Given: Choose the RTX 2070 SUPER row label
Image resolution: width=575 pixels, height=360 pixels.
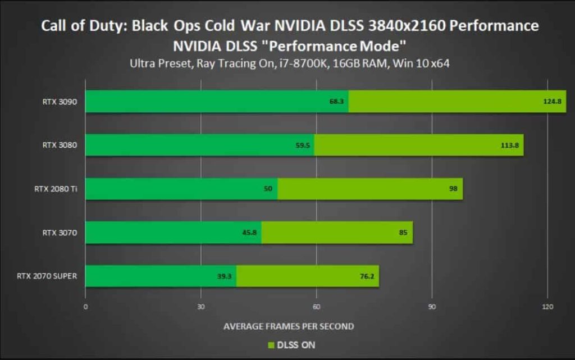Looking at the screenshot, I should click(50, 276).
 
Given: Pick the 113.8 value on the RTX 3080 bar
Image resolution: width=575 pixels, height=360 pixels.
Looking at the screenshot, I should click(510, 145).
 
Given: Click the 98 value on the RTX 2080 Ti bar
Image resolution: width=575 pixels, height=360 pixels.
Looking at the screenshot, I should click(453, 189).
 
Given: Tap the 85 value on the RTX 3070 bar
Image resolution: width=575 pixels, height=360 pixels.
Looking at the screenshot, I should click(403, 232).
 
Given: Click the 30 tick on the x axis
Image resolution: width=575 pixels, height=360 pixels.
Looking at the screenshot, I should click(200, 307).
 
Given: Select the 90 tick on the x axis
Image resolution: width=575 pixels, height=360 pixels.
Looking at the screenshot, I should click(431, 307).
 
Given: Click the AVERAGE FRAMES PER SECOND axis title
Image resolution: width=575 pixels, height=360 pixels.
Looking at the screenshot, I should click(289, 326).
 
